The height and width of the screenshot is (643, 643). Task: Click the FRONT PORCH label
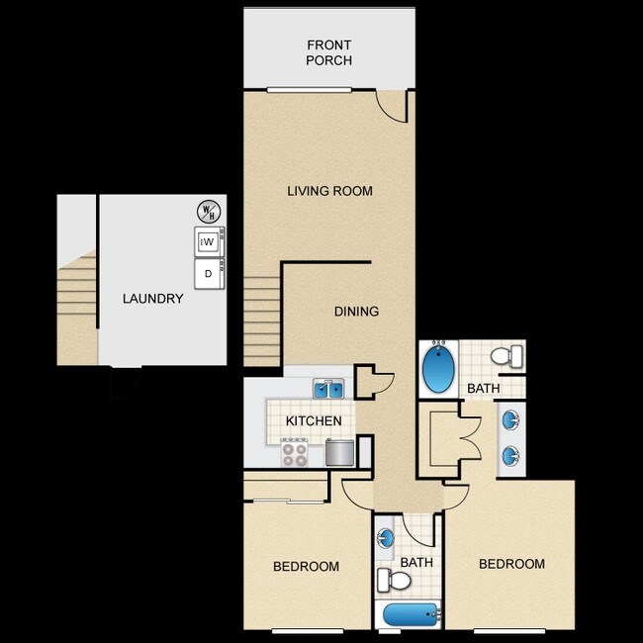coord(329,52)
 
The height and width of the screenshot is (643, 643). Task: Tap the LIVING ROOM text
coord(329,191)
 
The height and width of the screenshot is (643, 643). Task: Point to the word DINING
coord(356,312)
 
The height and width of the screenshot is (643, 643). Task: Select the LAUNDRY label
coord(152,299)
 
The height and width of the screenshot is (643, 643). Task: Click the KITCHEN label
coord(314,421)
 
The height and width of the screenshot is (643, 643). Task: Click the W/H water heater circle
coord(208,211)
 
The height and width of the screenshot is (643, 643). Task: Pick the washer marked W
coord(210,241)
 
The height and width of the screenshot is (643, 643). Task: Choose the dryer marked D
coord(210,274)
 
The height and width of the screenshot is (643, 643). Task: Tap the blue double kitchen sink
coord(328,389)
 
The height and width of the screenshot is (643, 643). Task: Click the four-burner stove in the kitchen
coord(295,452)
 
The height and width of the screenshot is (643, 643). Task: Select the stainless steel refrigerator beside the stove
coord(339,452)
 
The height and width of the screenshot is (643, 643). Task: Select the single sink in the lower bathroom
coord(387,539)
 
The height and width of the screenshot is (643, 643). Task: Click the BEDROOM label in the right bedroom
coord(511,564)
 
